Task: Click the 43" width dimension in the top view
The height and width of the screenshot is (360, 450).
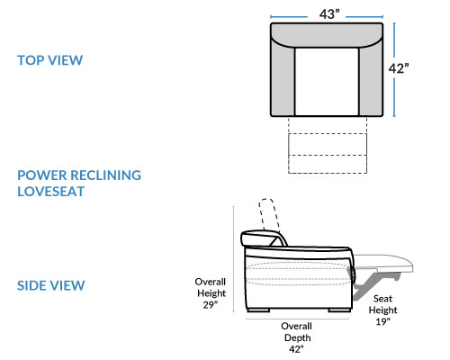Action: point(329,13)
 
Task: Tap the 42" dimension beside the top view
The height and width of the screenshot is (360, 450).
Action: point(399,68)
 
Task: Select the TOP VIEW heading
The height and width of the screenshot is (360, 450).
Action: point(49,60)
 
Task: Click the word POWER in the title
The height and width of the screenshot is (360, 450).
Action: point(41,175)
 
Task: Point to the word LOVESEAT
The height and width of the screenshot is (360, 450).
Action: point(50,192)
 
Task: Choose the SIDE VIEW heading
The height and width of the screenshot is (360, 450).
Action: point(50,285)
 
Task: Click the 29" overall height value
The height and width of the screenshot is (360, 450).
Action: point(210,305)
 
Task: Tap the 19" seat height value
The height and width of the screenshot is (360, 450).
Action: point(382,321)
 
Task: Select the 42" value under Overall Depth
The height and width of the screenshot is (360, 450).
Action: point(296,349)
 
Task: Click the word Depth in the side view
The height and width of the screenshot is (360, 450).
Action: point(297,337)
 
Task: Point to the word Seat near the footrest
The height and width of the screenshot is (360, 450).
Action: point(382,299)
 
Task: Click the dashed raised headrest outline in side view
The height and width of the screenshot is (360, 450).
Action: point(270,215)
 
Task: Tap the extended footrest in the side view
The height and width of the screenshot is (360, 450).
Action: point(384,264)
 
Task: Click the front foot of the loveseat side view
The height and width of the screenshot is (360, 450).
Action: point(339,310)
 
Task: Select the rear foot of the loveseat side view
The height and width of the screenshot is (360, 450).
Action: point(258,310)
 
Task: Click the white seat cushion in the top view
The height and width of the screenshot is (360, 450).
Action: point(327,82)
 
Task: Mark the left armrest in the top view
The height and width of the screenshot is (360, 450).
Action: point(283,78)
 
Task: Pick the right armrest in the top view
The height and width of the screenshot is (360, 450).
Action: point(371,78)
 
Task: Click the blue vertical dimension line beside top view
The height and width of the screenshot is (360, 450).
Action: point(394,69)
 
